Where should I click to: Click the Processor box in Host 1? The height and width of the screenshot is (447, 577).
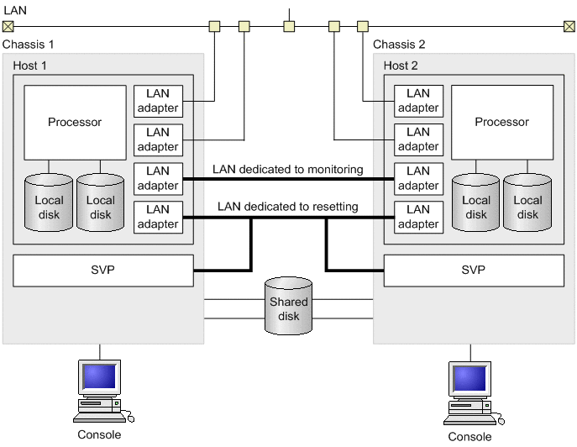75,123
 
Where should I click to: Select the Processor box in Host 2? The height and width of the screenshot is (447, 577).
502,123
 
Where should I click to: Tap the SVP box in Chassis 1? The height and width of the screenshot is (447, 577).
103,271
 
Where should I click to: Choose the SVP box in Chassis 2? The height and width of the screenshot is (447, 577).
474,271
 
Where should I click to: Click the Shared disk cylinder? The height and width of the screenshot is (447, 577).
288,305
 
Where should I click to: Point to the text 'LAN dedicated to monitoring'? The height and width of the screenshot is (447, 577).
288,169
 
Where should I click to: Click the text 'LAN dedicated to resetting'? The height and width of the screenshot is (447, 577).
288,206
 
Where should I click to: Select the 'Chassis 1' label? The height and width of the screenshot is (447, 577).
29,44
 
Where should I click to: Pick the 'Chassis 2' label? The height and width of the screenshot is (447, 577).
399,44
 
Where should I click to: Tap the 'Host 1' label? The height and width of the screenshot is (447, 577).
34,65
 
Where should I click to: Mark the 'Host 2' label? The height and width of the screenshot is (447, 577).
401,65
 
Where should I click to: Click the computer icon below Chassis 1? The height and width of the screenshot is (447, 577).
101,389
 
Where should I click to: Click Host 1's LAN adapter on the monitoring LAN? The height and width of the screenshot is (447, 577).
158,178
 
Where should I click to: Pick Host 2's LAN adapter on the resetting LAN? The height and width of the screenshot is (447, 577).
418,217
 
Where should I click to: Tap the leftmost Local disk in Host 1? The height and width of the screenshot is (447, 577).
49,202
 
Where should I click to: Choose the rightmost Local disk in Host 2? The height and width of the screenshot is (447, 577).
527,202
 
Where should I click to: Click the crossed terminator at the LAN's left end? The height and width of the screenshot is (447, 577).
8,26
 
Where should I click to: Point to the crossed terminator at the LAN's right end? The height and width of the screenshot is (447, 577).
569,26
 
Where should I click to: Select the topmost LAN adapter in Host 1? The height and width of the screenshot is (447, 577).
158,101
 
